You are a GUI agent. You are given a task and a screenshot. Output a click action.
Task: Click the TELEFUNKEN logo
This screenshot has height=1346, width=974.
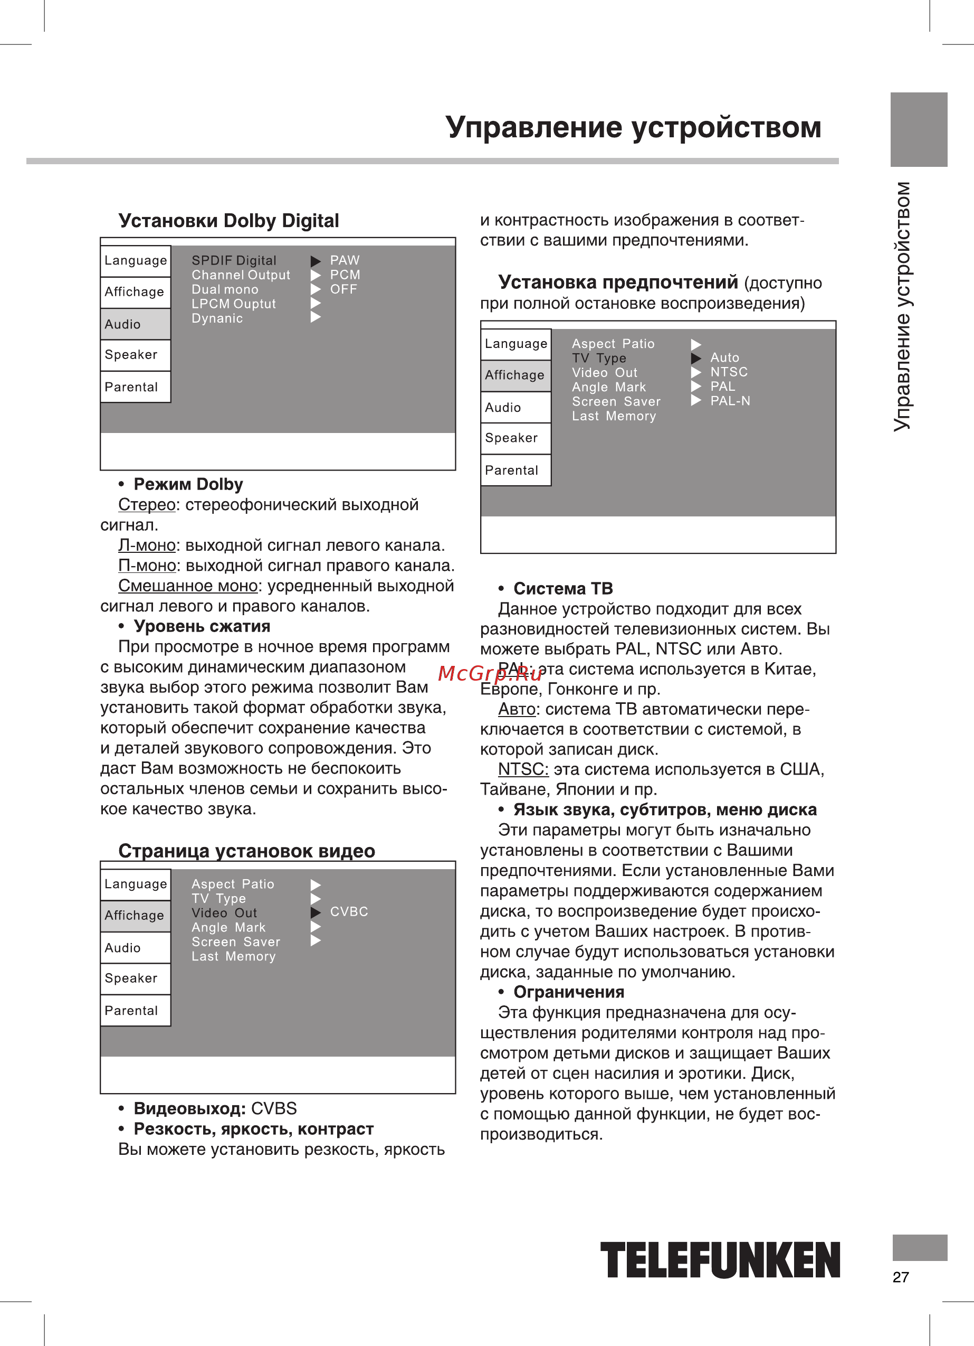tap(720, 1259)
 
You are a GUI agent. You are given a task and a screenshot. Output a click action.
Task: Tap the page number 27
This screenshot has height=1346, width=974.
tap(901, 1277)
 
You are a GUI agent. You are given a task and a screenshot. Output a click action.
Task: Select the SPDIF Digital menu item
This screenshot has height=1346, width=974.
tap(234, 260)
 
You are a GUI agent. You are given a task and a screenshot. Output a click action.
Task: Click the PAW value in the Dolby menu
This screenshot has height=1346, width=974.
tap(345, 260)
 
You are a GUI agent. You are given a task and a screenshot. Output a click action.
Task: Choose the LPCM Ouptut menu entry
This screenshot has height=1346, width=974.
tap(234, 304)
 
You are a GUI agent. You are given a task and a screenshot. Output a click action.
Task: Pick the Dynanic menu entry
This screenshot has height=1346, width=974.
tap(217, 319)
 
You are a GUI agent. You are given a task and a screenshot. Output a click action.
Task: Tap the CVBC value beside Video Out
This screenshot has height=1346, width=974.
tap(349, 911)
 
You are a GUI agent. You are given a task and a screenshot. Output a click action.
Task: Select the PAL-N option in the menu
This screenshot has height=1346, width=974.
tap(730, 401)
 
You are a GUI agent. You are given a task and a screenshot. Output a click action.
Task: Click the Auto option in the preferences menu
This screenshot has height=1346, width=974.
tap(725, 358)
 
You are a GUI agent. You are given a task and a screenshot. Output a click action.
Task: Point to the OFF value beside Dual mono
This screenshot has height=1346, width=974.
tap(343, 289)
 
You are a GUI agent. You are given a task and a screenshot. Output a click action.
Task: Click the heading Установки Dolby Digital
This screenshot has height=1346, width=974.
tap(228, 221)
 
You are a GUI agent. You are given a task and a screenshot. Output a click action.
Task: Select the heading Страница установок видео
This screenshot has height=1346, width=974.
tap(246, 851)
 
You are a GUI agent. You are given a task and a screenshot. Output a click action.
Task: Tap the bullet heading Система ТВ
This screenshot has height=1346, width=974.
tap(563, 589)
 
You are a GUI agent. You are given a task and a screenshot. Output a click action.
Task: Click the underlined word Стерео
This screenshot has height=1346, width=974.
tap(147, 505)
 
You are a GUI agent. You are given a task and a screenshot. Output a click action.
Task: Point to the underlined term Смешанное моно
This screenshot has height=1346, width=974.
tap(187, 586)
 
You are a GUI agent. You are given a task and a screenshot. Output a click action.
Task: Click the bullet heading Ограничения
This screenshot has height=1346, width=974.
tap(568, 992)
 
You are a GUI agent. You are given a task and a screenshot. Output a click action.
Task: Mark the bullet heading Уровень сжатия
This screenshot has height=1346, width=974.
tap(202, 627)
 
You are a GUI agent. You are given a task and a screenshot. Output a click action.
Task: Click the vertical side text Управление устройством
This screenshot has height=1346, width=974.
tap(902, 306)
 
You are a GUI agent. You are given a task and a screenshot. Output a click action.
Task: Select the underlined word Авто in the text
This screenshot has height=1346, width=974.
tap(517, 709)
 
